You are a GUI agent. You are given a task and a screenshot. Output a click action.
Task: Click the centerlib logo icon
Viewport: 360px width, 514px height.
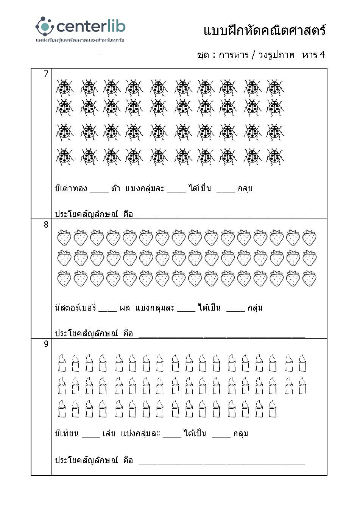point(45,26)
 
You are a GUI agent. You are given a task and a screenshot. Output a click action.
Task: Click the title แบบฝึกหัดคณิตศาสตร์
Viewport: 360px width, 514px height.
point(264,30)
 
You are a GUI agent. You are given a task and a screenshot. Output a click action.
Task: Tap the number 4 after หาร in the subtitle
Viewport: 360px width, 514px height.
point(322,55)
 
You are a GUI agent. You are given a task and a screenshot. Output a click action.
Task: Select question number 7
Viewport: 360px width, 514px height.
point(46,74)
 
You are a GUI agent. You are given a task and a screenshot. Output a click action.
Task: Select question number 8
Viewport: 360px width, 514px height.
point(46,225)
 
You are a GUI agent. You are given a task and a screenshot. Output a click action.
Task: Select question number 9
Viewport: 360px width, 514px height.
point(46,344)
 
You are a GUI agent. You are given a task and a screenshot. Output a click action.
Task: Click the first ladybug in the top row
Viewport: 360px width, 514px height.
point(65,88)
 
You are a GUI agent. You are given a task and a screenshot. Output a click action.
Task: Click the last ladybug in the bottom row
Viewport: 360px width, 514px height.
point(275,157)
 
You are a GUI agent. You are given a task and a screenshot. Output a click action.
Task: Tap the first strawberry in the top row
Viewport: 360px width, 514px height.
point(64,237)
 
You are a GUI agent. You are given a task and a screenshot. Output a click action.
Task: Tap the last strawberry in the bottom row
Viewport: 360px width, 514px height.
point(309,279)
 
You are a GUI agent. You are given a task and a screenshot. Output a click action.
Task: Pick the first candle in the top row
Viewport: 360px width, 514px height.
point(62,363)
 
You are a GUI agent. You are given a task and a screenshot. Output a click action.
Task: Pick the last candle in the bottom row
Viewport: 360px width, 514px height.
point(273,409)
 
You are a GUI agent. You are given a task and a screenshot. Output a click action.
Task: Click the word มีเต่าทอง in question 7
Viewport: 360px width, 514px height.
point(71,188)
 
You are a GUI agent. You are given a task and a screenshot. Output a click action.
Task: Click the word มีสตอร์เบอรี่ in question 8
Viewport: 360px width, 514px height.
point(75,308)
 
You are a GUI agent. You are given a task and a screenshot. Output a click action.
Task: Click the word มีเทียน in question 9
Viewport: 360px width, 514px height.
point(67,433)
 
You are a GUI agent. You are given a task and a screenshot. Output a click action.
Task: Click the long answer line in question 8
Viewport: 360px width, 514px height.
point(222,336)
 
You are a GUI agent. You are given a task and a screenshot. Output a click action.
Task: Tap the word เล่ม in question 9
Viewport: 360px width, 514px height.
point(109,433)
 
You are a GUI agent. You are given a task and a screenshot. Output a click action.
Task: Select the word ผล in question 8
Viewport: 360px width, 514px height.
point(125,308)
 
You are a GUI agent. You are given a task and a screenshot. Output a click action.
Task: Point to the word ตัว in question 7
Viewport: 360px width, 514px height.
point(115,188)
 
